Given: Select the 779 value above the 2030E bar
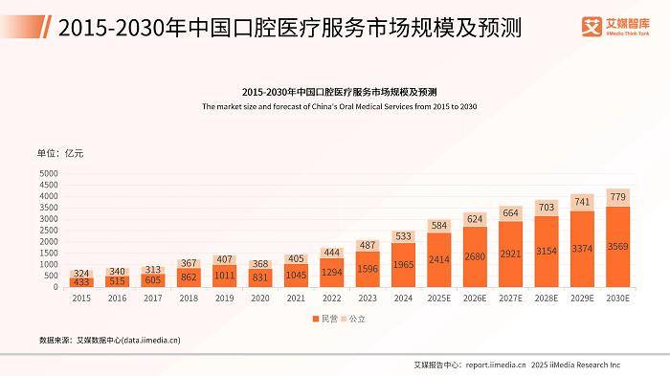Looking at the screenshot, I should [x=617, y=197].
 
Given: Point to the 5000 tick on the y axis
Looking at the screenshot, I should [x=48, y=173].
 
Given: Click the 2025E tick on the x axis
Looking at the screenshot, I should [x=439, y=298].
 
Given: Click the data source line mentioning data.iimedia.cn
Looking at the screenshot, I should [x=109, y=339].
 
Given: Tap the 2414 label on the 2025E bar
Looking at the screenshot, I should [x=439, y=258].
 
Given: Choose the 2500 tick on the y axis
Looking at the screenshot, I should [x=48, y=231].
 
